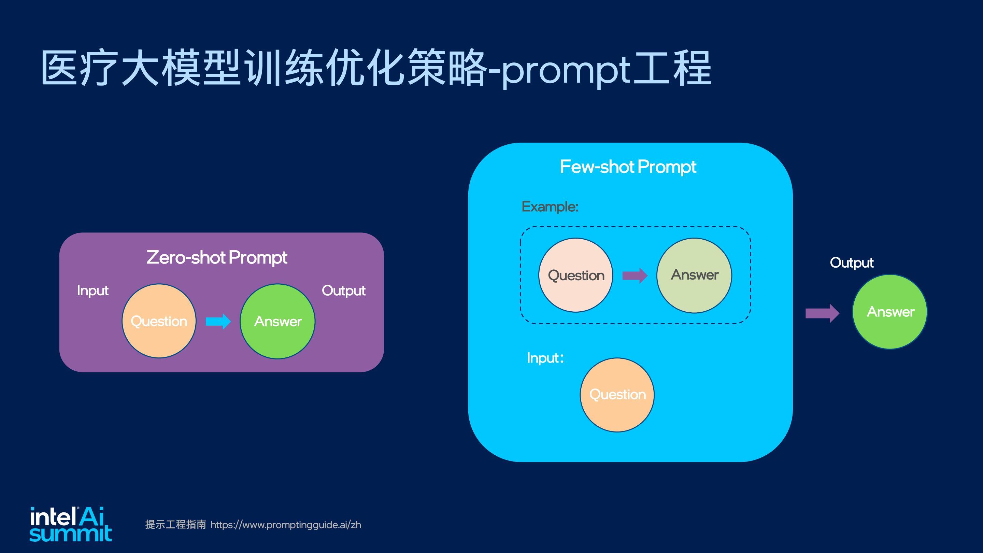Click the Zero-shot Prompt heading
point(217,258)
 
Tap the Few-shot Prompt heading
point(628,167)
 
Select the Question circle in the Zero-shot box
point(159,321)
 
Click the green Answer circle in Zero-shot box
point(277,321)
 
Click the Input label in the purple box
point(93,291)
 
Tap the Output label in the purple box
point(343,291)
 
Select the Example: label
point(550,207)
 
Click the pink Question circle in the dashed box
point(576,275)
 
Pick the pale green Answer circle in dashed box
point(694,275)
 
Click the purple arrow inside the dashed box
point(635,275)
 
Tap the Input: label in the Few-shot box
point(545,358)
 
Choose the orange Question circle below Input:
point(617,395)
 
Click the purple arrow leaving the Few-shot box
point(822,313)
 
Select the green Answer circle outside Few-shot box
point(890,311)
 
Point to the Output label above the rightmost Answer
point(852,263)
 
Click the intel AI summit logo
point(71,524)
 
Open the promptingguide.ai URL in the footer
point(286,525)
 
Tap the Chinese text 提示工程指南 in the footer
point(175,524)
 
